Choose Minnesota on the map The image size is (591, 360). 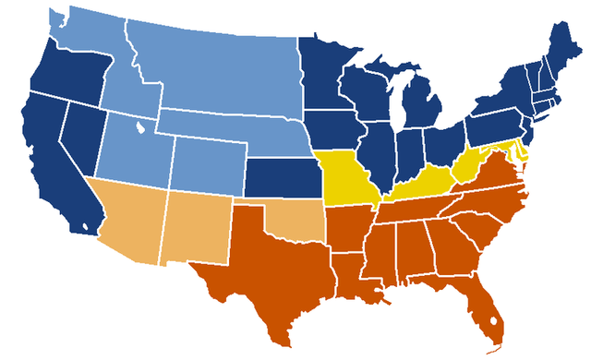tap(323, 74)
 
